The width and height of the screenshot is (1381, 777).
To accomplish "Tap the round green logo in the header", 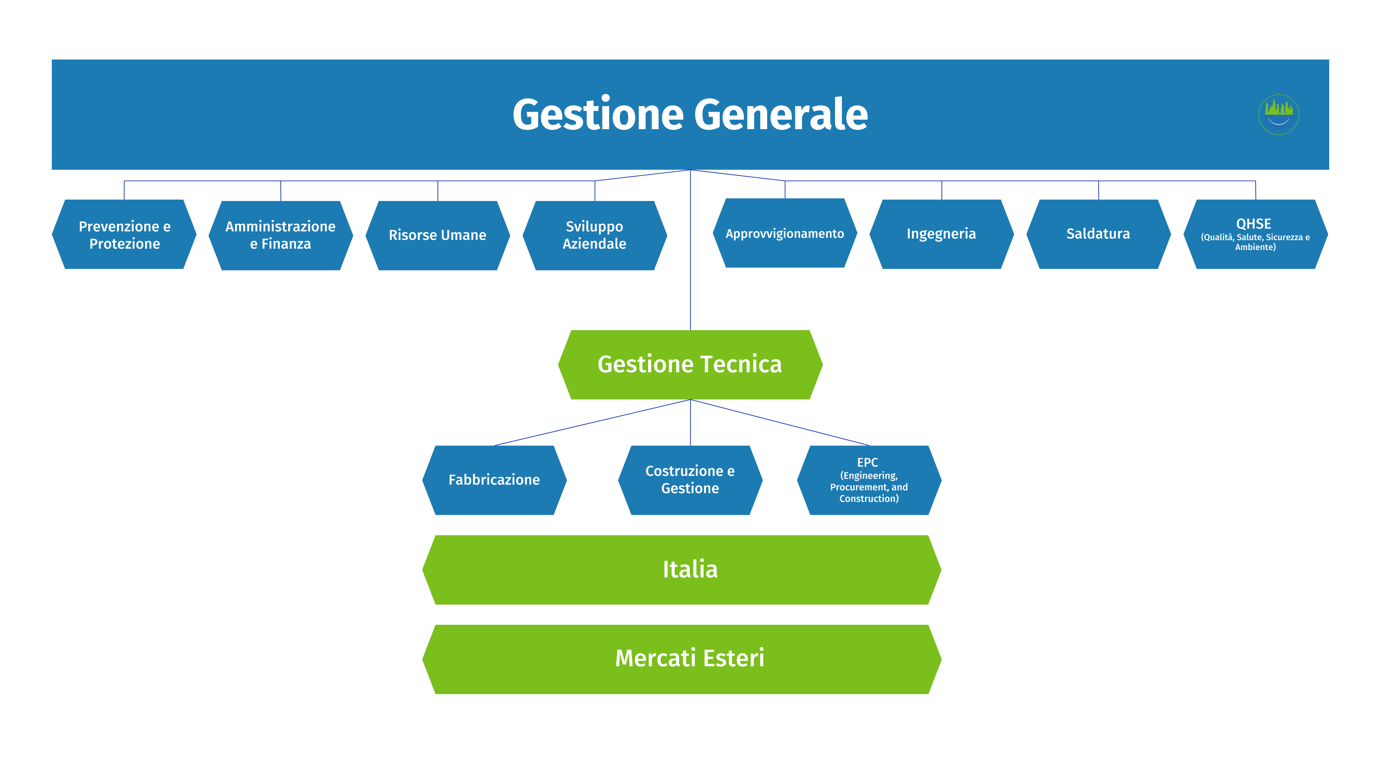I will [1279, 114].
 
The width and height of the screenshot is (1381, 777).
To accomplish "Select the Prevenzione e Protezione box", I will [124, 235].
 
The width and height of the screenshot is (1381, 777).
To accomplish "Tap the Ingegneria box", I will [941, 234].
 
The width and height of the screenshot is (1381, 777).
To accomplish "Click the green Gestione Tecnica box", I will [690, 365].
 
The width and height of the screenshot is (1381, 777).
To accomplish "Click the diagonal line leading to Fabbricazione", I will [592, 422].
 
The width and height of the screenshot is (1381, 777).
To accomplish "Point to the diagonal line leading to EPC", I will [780, 422].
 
